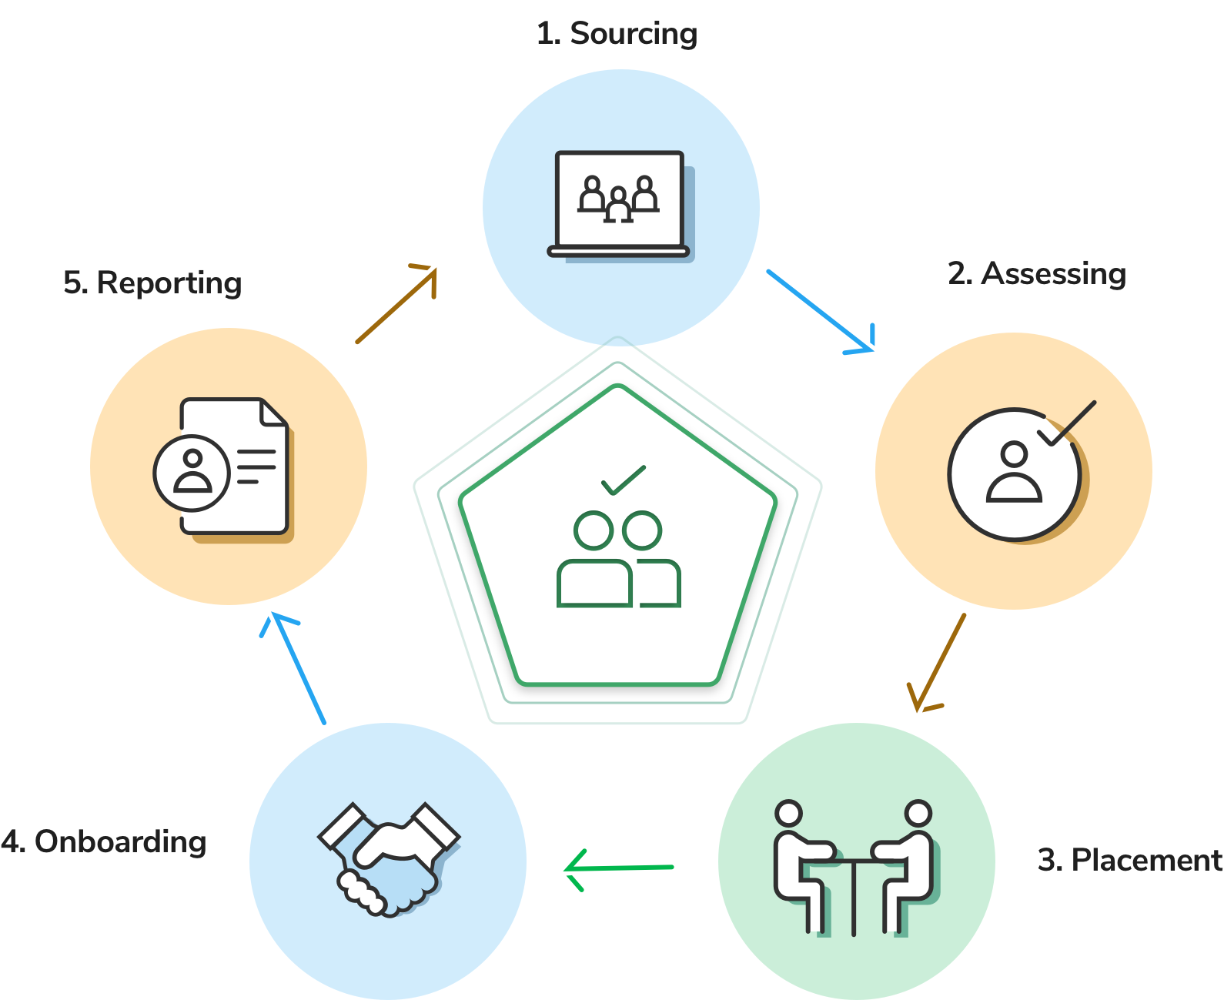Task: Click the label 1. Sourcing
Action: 617,35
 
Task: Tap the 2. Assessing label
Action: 1036,274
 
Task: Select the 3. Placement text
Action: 1129,860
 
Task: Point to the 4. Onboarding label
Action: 103,842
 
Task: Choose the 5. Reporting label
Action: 152,283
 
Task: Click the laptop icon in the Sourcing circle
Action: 620,206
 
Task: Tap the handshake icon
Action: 389,860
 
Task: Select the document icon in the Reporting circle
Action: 223,470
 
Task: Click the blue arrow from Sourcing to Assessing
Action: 820,311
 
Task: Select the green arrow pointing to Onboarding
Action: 619,869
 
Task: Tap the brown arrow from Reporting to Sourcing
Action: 396,304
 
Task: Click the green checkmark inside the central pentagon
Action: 624,480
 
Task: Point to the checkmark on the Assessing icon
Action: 1067,423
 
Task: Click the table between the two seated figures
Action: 853,895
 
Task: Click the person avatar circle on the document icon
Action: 192,473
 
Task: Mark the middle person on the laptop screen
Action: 618,204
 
